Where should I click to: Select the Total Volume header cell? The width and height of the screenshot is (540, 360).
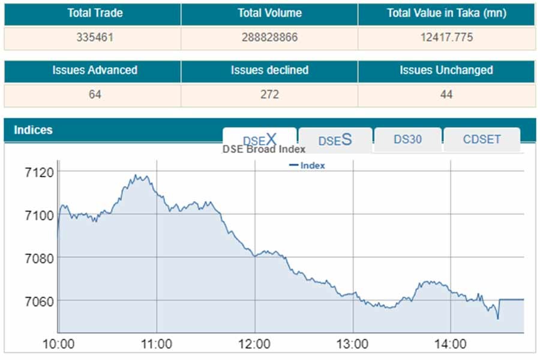point(269,13)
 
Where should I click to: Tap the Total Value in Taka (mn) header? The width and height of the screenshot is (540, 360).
point(446,13)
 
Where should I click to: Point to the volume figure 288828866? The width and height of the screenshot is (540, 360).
point(269,37)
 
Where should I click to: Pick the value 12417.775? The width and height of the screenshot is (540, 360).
point(446,37)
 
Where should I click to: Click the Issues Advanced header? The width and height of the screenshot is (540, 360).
point(95,70)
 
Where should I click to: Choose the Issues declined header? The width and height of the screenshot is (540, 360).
point(269,70)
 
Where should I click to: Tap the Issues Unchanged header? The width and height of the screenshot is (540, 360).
point(446,70)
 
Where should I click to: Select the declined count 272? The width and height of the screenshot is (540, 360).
point(269,94)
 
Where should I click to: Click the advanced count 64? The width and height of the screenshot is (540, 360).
point(95,94)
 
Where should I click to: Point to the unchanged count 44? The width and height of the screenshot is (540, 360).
point(446,94)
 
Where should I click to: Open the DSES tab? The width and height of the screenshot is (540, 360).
point(335,140)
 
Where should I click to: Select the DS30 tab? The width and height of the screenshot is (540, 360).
point(407,139)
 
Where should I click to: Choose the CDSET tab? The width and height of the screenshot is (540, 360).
point(481,139)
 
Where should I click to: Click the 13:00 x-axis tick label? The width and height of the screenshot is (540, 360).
point(352,344)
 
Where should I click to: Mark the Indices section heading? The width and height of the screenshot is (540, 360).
point(33,130)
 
